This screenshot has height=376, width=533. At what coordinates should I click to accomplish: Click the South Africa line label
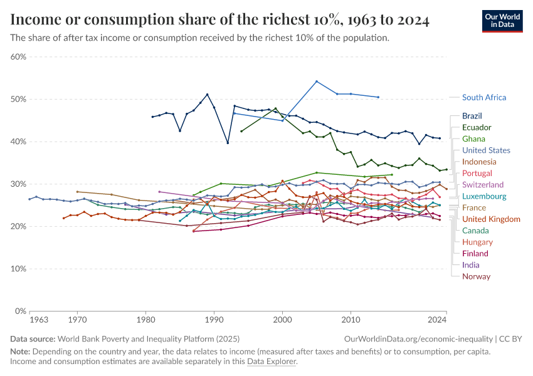point(483,97)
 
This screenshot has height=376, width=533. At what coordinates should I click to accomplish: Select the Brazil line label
point(472,116)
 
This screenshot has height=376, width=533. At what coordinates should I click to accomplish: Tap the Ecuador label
point(477,127)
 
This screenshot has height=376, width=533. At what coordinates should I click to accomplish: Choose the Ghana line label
point(473,138)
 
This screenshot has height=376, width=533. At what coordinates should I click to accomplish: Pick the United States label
point(486,150)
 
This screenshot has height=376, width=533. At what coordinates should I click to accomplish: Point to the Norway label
point(476,276)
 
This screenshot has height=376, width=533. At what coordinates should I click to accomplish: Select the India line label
point(471,265)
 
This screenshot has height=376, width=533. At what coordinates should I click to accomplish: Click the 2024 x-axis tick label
point(437,320)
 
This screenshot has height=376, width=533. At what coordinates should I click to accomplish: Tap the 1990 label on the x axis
point(214,320)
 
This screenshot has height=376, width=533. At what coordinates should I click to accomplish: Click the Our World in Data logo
point(502,21)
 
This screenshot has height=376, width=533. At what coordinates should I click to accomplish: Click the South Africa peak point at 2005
point(317,81)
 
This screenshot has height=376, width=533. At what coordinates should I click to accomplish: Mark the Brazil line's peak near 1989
point(207,95)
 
